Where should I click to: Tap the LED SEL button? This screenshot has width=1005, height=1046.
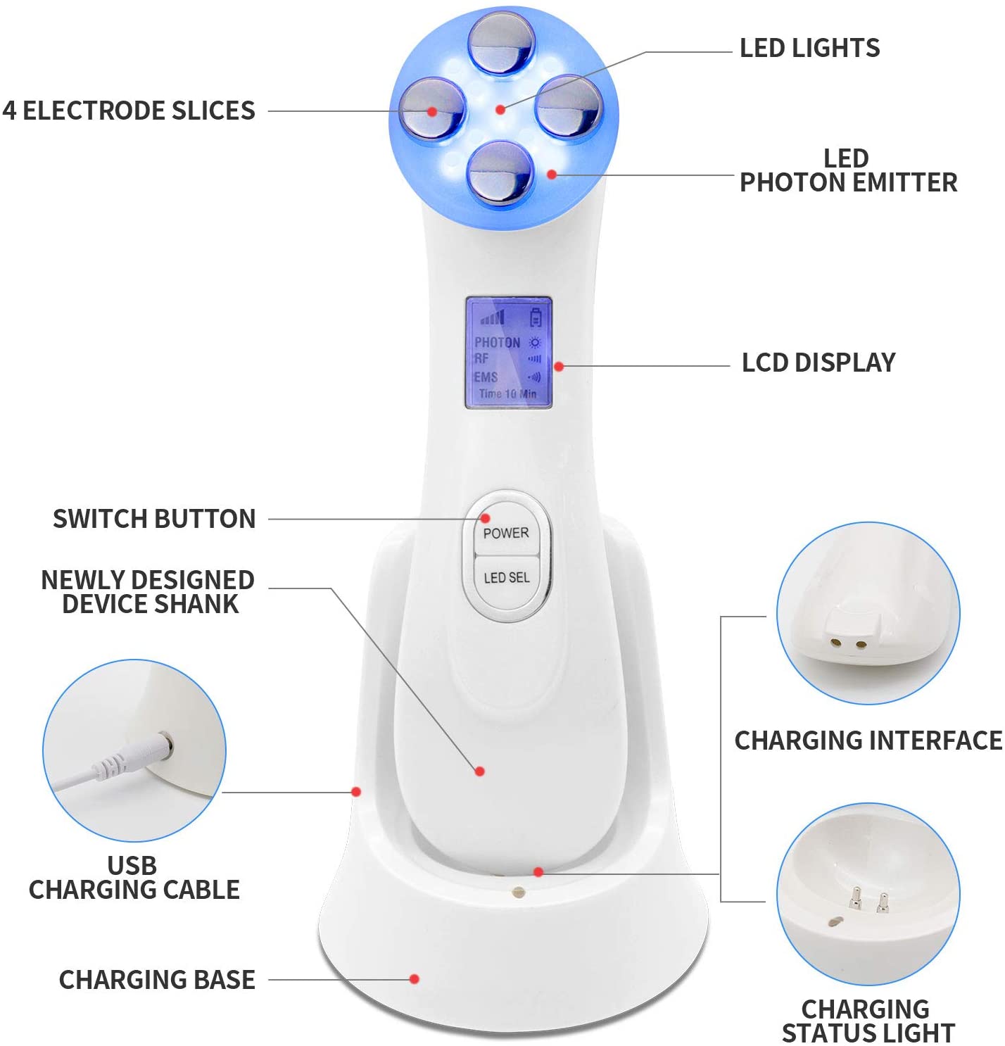(506, 578)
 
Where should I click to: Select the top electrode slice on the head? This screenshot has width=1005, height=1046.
(502, 43)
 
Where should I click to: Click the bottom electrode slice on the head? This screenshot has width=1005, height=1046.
(500, 173)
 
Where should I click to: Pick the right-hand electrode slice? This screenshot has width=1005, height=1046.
(569, 107)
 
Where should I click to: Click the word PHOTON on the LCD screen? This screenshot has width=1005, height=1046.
(497, 342)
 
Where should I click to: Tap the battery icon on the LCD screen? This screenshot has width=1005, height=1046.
(536, 317)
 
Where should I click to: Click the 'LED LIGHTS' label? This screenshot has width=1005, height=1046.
(809, 48)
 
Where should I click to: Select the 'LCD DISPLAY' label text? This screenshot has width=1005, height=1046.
(818, 363)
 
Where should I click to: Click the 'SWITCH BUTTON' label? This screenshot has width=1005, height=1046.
(154, 519)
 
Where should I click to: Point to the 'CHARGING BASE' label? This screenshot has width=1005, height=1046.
(157, 980)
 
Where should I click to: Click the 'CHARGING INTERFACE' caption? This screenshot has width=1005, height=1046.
(868, 741)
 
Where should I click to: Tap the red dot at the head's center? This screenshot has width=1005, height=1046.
(500, 110)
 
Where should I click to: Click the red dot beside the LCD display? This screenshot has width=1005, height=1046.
(559, 367)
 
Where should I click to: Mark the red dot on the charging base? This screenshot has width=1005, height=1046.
(415, 979)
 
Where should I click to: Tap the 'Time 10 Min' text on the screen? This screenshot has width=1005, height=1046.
(507, 394)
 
